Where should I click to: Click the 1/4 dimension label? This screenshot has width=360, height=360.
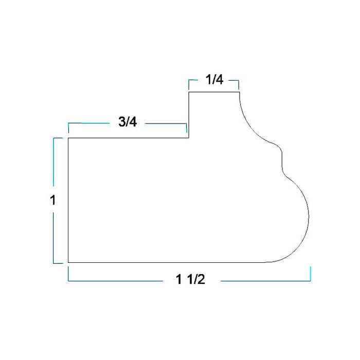(214, 80)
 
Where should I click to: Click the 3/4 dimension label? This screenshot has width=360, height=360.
(128, 122)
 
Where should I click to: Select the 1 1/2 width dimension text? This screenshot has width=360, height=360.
(190, 279)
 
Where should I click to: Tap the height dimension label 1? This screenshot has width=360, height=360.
(53, 200)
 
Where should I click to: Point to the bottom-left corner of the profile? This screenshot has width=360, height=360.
(68, 262)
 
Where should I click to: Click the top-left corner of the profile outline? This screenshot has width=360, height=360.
(68, 138)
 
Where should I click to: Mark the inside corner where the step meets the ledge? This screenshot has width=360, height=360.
(189, 138)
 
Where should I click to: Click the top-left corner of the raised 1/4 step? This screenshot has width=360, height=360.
(189, 92)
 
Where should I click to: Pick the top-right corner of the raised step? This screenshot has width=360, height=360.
(240, 92)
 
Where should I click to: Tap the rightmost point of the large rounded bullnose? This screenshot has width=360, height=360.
(309, 217)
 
